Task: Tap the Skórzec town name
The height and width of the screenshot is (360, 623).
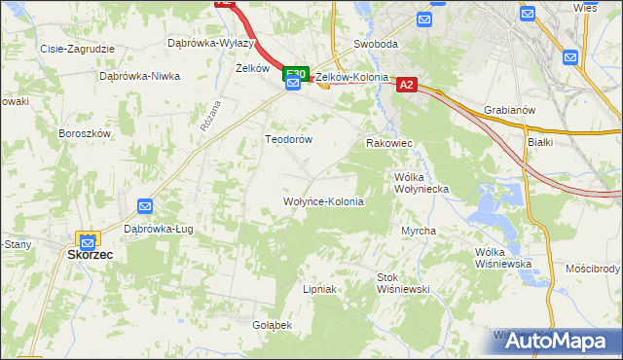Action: point(91,254)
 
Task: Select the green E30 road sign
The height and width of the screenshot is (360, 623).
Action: point(295,74)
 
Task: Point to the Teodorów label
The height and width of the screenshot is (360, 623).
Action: point(289,139)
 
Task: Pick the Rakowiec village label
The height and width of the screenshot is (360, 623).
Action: point(389,143)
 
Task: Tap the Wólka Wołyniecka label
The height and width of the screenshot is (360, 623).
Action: point(420,184)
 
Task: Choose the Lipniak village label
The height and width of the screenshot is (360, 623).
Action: point(319,289)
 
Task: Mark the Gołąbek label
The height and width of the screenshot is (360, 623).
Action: point(273,324)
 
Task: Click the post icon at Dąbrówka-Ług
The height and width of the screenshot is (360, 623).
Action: point(145,206)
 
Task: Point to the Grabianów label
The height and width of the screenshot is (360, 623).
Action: point(509,110)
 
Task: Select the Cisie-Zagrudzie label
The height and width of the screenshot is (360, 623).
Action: point(77,48)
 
